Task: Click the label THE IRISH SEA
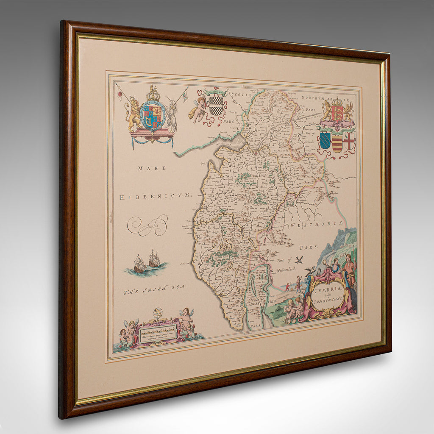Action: tap(155, 290)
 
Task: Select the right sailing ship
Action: tap(154, 259)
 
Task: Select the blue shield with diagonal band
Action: tap(325, 140)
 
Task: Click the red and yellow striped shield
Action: tap(337, 143)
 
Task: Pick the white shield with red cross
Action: tap(349, 141)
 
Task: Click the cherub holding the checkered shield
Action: tap(199, 108)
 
